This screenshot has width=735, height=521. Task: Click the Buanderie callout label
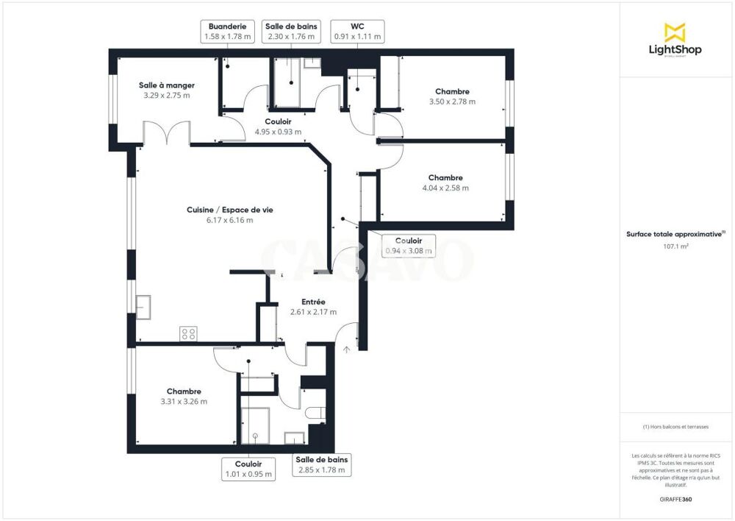(226, 30)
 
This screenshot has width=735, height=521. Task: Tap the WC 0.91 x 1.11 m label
(358, 30)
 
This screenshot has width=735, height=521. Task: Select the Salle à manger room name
(166, 85)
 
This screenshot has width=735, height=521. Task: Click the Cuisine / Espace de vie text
(220, 210)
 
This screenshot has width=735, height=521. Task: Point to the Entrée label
(313, 302)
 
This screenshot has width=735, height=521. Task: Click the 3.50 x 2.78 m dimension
(452, 102)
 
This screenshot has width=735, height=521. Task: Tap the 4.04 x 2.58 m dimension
(445, 188)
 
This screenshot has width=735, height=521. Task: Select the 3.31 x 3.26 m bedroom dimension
(184, 401)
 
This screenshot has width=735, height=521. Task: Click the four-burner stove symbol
(188, 334)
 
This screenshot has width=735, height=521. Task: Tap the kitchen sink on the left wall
(143, 306)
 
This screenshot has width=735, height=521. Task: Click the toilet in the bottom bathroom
(317, 414)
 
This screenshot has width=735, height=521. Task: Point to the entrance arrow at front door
(346, 350)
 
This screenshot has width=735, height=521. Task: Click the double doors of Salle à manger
(167, 134)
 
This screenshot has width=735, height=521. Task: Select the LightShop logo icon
(674, 32)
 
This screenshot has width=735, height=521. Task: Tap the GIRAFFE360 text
(676, 500)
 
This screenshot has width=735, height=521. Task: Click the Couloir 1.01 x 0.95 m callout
(248, 469)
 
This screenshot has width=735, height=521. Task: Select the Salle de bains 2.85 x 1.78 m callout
(321, 464)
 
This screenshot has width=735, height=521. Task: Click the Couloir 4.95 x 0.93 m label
(278, 127)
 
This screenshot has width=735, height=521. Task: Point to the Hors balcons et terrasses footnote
(676, 428)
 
